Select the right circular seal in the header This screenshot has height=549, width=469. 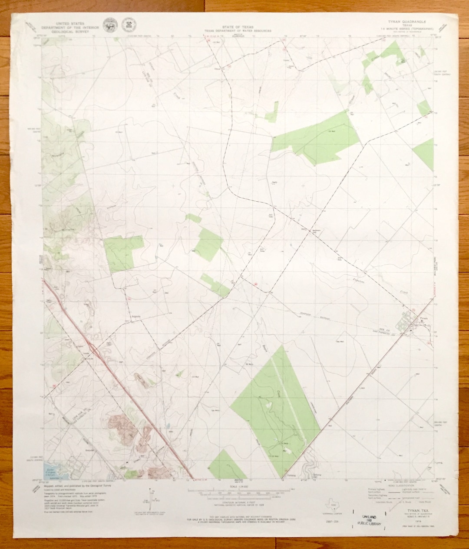tap(128, 25)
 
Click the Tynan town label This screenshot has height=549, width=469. tap(423, 319)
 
